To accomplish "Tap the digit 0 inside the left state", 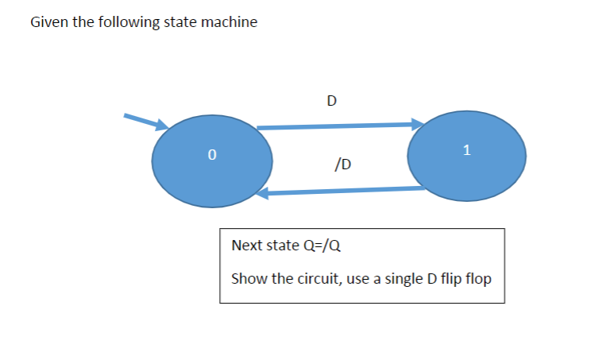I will pyautogui.click(x=211, y=156).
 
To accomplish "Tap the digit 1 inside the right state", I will pyautogui.click(x=466, y=149).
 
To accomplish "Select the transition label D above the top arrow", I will pyautogui.click(x=331, y=101).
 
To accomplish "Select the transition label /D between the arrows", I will pyautogui.click(x=344, y=165).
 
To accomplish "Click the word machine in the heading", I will pyautogui.click(x=233, y=22).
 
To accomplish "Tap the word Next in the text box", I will pyautogui.click(x=246, y=245).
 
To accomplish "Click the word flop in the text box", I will pyautogui.click(x=477, y=279).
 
